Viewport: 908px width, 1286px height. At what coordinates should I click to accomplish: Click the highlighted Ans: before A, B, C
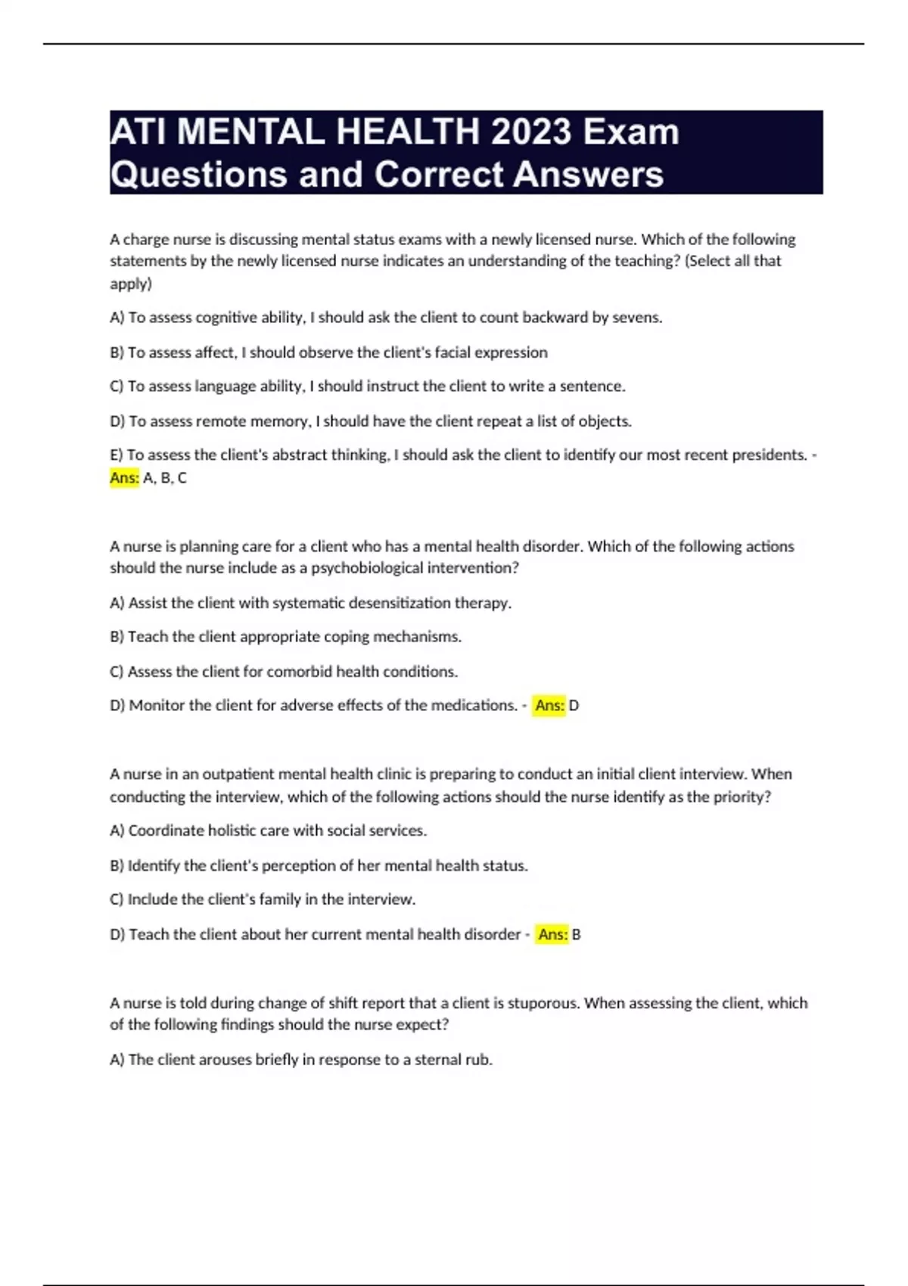[125, 478]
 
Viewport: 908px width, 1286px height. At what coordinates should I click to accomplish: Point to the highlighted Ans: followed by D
[549, 706]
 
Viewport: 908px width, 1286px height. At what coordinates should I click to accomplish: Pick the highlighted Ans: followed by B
[552, 935]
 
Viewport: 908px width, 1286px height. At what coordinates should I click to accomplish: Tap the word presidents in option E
[769, 455]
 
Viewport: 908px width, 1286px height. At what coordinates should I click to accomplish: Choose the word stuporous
[543, 1003]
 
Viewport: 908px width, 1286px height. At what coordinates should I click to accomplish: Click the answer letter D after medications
[574, 706]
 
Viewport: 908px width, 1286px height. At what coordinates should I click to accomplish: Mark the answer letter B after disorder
[577, 935]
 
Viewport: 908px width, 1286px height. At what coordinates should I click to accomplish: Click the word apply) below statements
[131, 284]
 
